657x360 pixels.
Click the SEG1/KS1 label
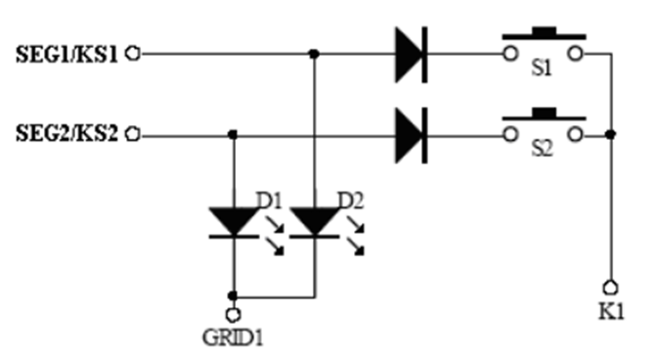tap(67, 55)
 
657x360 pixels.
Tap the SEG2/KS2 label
tap(67, 134)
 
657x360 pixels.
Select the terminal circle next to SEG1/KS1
tap(133, 54)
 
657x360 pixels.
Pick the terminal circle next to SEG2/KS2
tap(133, 135)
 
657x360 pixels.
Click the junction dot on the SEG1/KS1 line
tap(314, 54)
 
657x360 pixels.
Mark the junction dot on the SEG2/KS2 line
tap(233, 135)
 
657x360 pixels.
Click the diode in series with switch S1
tap(412, 54)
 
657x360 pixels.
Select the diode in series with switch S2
tap(412, 135)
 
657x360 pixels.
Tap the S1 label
tap(542, 67)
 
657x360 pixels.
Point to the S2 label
tap(542, 149)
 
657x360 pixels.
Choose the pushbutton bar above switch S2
tap(544, 114)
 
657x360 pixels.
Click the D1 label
tap(269, 201)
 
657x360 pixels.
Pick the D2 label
tap(351, 201)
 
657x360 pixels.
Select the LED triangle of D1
tap(234, 221)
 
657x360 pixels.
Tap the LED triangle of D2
tap(315, 221)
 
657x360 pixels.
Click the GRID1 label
tap(233, 337)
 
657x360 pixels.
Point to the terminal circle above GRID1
tap(233, 314)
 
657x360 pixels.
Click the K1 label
tap(612, 311)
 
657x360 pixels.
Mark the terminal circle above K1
tap(610, 288)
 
